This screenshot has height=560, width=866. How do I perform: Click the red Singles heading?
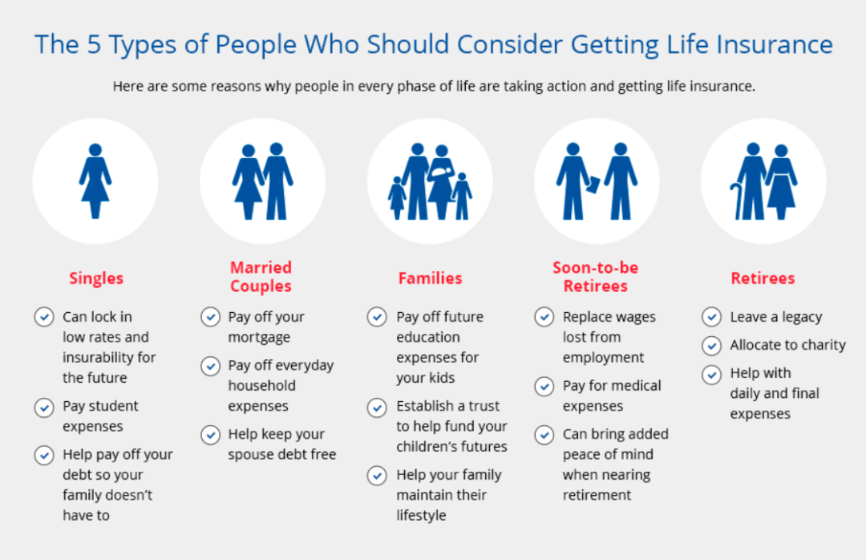(96, 278)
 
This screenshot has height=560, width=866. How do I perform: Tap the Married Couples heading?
(261, 277)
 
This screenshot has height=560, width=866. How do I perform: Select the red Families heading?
(431, 278)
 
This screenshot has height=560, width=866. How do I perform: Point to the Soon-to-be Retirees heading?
(595, 277)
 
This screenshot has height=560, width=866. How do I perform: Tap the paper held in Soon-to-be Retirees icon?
(593, 185)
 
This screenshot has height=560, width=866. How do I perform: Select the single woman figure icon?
(95, 181)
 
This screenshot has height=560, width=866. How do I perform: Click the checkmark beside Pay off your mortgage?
(210, 318)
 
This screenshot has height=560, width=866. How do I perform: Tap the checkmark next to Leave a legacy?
(711, 317)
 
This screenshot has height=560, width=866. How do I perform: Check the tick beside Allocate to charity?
(711, 346)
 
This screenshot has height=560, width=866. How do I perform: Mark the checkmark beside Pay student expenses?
(44, 408)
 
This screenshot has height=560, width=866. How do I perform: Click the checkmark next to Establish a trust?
(377, 408)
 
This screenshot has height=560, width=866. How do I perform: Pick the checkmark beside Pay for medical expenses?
(544, 386)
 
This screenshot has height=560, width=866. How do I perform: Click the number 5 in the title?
(94, 44)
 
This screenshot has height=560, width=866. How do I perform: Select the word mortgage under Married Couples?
(259, 338)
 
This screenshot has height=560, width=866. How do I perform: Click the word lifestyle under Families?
(421, 516)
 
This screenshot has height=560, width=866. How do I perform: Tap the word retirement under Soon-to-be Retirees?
(597, 495)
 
